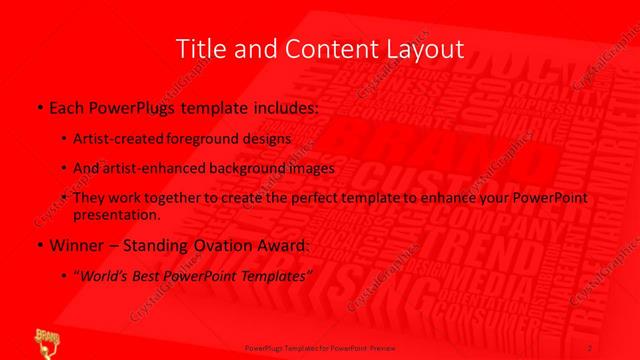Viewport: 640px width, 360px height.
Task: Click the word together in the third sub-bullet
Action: (164, 198)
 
